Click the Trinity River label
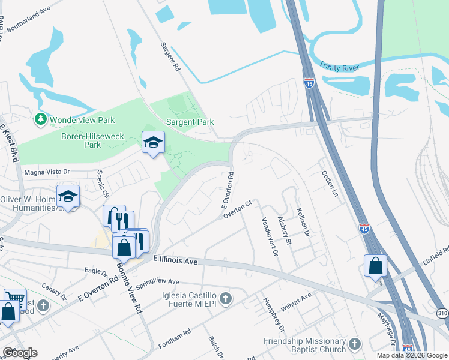pyautogui.click(x=339, y=67)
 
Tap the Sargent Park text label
pyautogui.click(x=190, y=122)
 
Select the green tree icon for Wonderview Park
pyautogui.click(x=41, y=119)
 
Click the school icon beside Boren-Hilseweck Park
pyautogui.click(x=153, y=142)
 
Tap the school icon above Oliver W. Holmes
pyautogui.click(x=68, y=196)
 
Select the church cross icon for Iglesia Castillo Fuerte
pyautogui.click(x=225, y=298)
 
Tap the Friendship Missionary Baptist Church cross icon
pyautogui.click(x=355, y=344)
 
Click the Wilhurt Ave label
pyautogui.click(x=298, y=298)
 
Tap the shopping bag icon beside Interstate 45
pyautogui.click(x=375, y=265)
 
